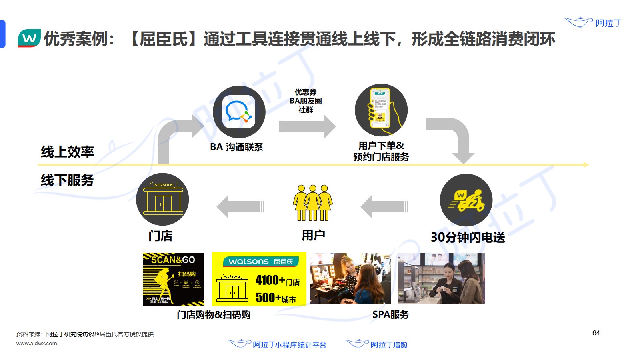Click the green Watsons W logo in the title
pyautogui.click(x=29, y=38)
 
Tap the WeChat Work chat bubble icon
pyautogui.click(x=239, y=112)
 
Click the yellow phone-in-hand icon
pyautogui.click(x=381, y=110)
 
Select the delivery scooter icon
pyautogui.click(x=466, y=200)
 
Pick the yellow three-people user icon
pyautogui.click(x=313, y=202)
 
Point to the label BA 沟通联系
pyautogui.click(x=236, y=147)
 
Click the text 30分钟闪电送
pyautogui.click(x=468, y=237)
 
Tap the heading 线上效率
pyautogui.click(x=67, y=152)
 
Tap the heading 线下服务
pyautogui.click(x=67, y=180)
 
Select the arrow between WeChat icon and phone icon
pyautogui.click(x=307, y=126)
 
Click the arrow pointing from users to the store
pyautogui.click(x=240, y=206)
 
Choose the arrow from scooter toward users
pyautogui.click(x=384, y=206)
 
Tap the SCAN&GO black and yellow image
pyautogui.click(x=173, y=279)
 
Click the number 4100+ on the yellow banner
pyautogui.click(x=270, y=280)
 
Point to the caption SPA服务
pyautogui.click(x=390, y=315)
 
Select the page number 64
pyautogui.click(x=596, y=333)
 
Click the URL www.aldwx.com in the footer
pyautogui.click(x=37, y=343)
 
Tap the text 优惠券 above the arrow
pyautogui.click(x=306, y=92)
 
